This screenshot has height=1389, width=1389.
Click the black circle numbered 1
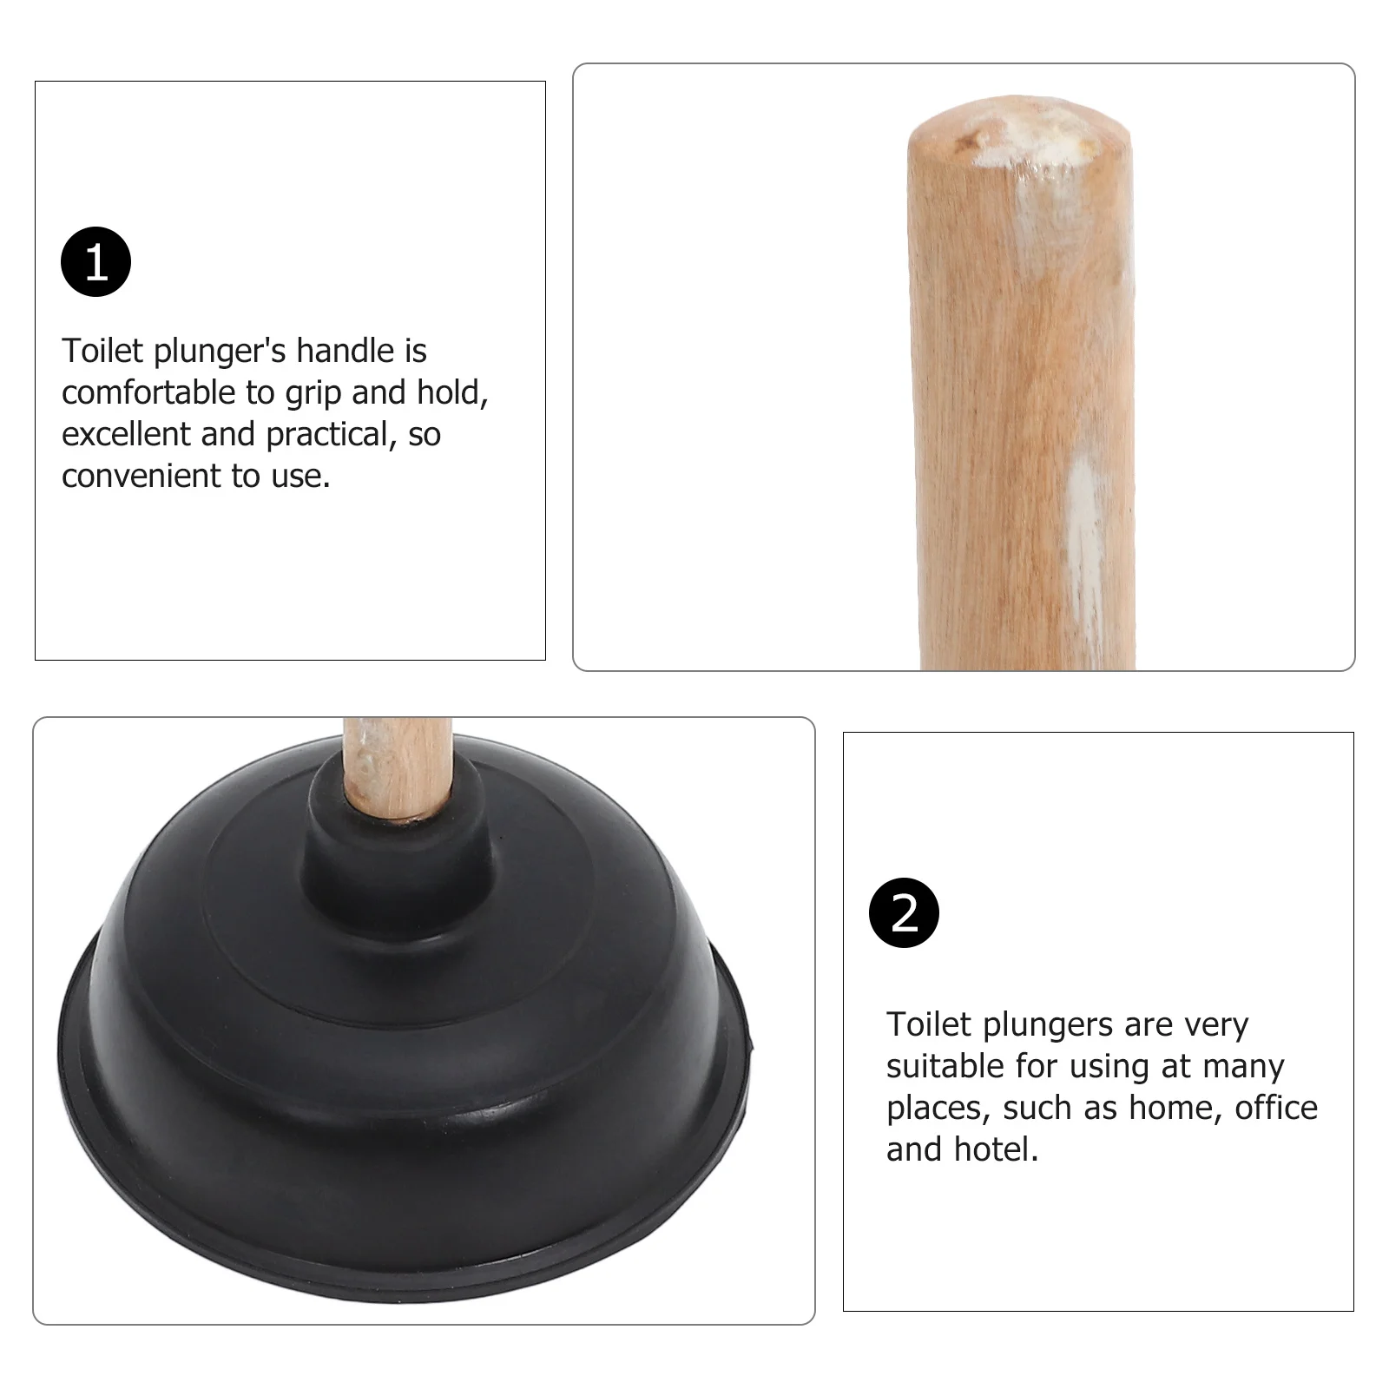[x=95, y=261]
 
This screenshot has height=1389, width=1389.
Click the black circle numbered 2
[x=904, y=912]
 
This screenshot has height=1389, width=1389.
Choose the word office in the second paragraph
[x=1275, y=1108]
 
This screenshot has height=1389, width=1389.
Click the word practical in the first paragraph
[x=326, y=434]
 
